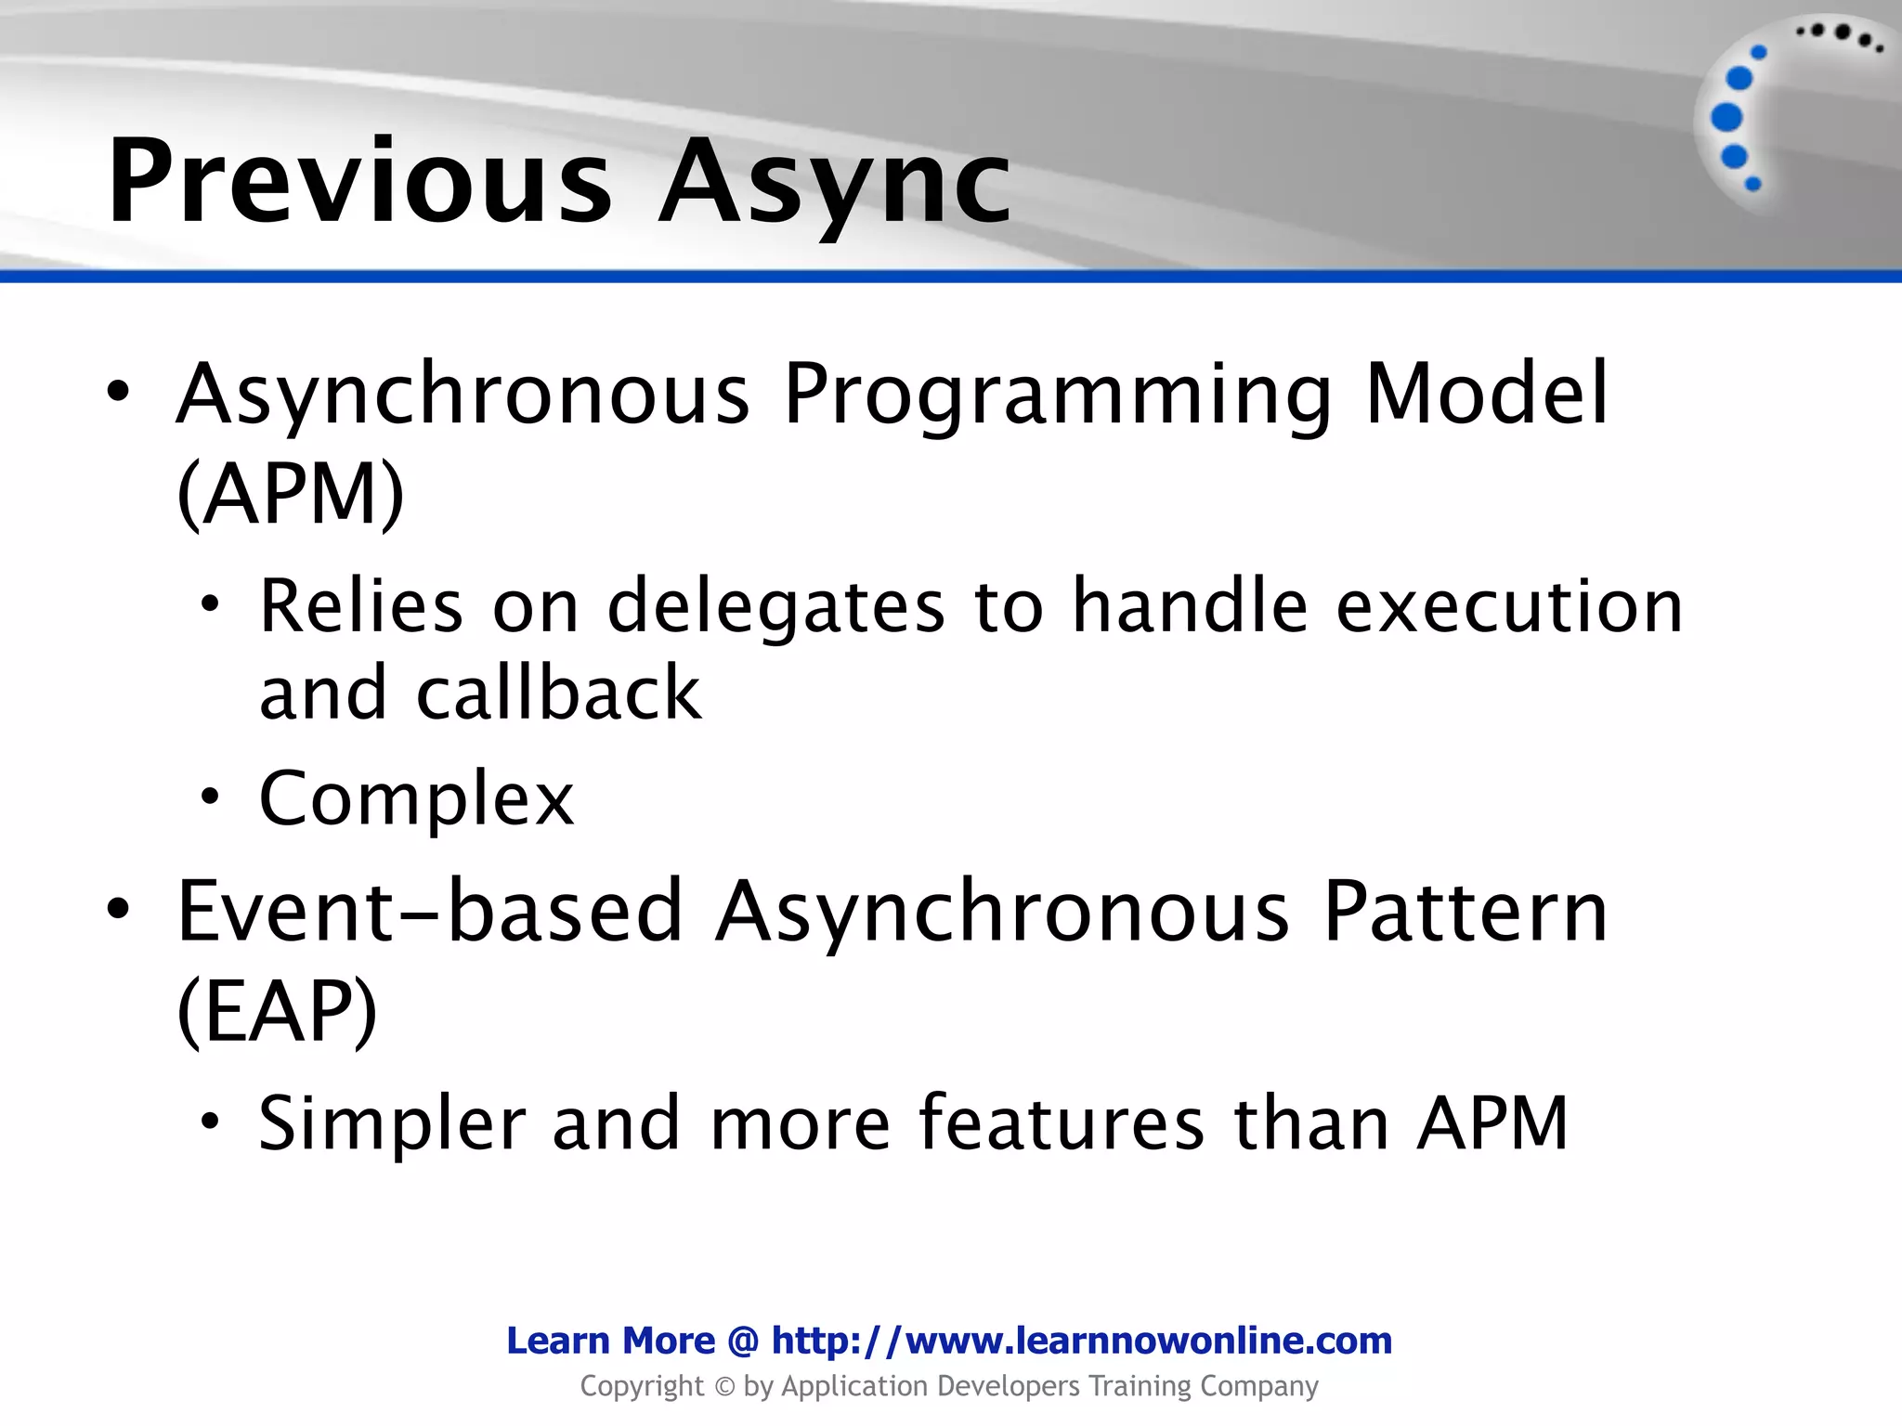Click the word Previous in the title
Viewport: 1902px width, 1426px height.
[x=360, y=181]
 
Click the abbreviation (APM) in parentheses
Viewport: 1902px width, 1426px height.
[x=291, y=494]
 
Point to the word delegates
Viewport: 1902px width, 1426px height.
[x=775, y=606]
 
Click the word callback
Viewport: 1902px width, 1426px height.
[x=558, y=694]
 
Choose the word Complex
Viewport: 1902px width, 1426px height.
[x=416, y=798]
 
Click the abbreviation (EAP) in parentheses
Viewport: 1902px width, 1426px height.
[x=277, y=1011]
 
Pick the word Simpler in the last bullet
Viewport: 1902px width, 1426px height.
[x=392, y=1123]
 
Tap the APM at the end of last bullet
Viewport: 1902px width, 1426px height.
[x=1492, y=1123]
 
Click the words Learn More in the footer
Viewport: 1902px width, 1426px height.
[x=610, y=1341]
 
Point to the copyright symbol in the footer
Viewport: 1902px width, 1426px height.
[x=723, y=1387]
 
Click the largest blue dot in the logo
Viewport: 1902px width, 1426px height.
[x=1726, y=118]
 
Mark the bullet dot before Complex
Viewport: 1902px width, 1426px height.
[x=211, y=797]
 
